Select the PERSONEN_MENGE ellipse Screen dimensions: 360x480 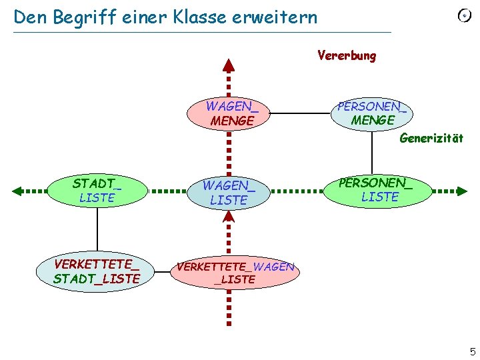372,113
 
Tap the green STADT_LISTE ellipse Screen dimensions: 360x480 97,190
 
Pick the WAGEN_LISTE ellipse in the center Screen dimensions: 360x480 229,192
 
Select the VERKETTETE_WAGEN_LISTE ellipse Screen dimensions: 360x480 235,273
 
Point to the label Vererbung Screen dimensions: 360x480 347,55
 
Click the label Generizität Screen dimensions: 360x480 431,139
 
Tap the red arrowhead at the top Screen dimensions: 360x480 229,65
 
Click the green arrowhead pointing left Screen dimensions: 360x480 18,191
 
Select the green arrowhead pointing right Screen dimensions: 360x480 461,191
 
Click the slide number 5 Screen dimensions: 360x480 473,351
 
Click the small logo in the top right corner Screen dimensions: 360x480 464,16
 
